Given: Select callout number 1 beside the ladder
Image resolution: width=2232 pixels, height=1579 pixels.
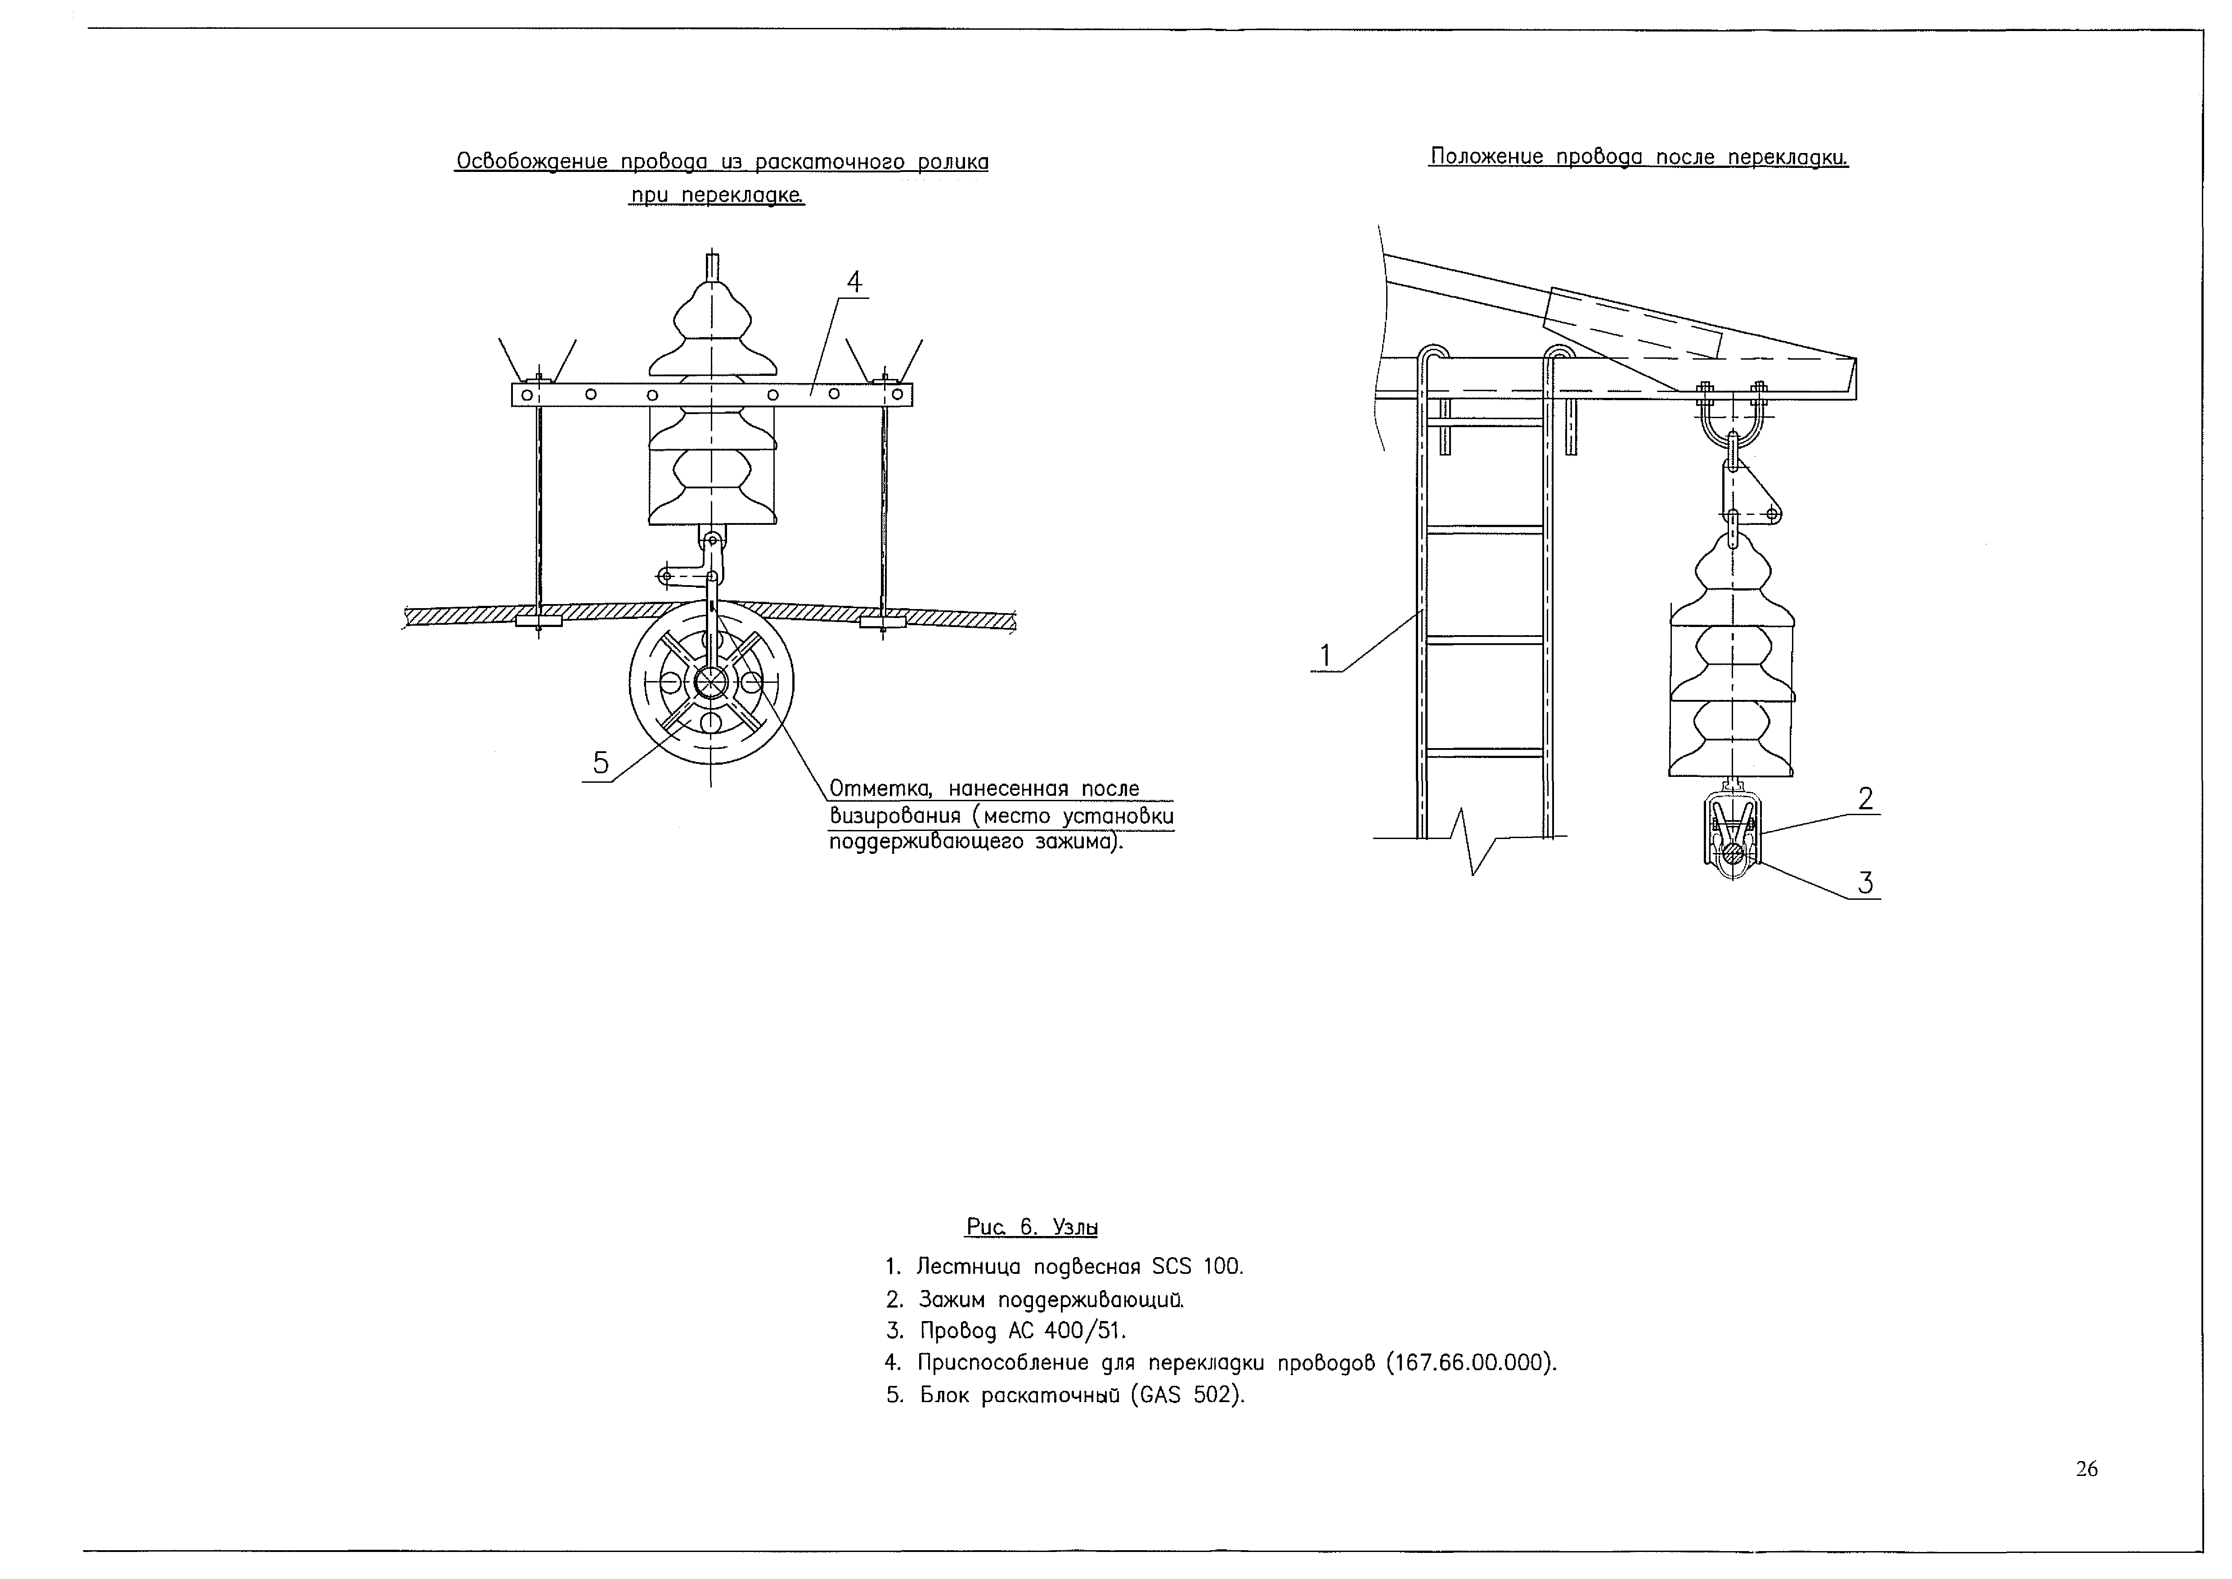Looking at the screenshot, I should [x=1324, y=656].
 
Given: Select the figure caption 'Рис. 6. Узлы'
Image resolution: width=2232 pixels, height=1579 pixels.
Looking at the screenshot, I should [x=1032, y=1227].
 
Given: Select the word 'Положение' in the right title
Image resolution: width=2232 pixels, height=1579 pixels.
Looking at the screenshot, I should [x=1487, y=157].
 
